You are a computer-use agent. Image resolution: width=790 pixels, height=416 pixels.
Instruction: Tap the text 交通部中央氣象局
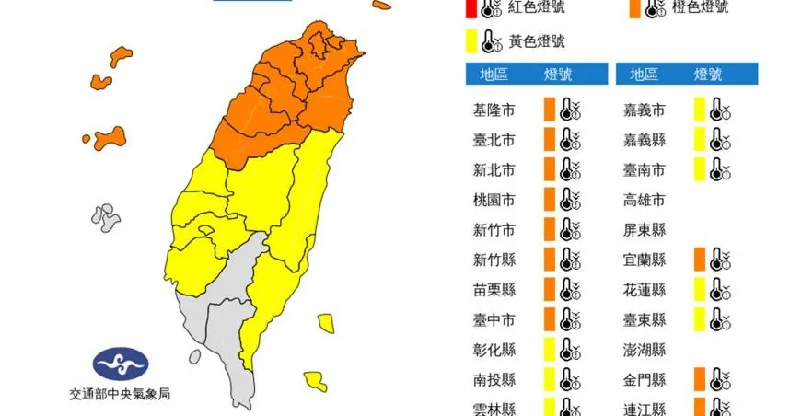tap(120, 394)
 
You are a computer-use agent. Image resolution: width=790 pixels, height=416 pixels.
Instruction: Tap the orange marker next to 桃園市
tap(549, 199)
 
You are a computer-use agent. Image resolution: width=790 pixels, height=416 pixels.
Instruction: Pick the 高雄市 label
tap(645, 199)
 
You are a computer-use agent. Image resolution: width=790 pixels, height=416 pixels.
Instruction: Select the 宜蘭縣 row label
tap(645, 260)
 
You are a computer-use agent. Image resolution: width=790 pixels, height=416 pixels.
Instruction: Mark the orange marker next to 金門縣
tap(700, 379)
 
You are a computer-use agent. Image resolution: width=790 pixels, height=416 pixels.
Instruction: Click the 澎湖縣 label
tap(645, 350)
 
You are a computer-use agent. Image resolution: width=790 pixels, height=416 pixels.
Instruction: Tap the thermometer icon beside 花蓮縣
tap(719, 290)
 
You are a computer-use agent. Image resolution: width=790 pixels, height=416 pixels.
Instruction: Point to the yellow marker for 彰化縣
tap(549, 350)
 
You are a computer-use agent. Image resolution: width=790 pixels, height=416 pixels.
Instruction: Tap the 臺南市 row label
tap(645, 169)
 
